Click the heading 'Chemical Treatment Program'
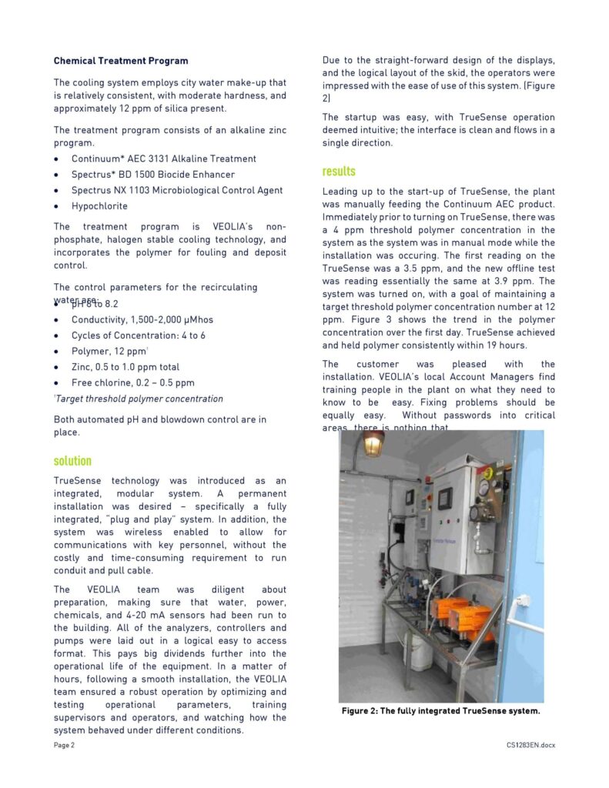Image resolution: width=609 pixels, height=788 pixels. pos(121,61)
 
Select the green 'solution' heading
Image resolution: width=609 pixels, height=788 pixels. pos(72,461)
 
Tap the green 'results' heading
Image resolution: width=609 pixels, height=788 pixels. pos(339,172)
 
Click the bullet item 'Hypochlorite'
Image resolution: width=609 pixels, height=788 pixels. pos(99,206)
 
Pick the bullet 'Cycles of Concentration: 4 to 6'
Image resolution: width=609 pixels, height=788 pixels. pos(139,336)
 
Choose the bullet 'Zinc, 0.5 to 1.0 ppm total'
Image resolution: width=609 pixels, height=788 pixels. pos(125,367)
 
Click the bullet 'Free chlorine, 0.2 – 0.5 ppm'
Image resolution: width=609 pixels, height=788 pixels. pos(132,382)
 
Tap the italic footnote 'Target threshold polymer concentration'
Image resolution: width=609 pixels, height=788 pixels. pos(139,399)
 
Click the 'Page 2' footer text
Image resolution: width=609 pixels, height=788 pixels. pos(64,746)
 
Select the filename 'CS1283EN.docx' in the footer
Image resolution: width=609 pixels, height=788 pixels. pos(530,746)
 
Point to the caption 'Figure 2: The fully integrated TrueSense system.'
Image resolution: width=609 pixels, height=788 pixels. pos(441,711)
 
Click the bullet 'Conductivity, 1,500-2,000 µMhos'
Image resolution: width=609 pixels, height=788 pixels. pos(142,319)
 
